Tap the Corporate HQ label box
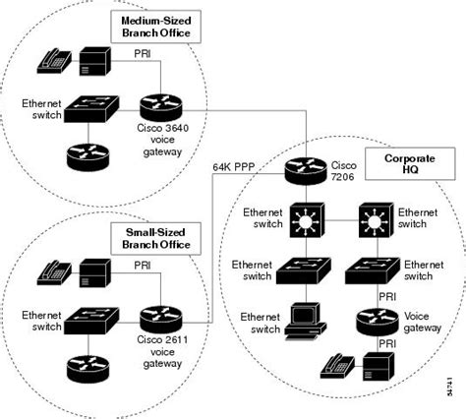point(403,165)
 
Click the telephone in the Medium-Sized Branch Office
point(53,61)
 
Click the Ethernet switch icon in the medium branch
point(92,109)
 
